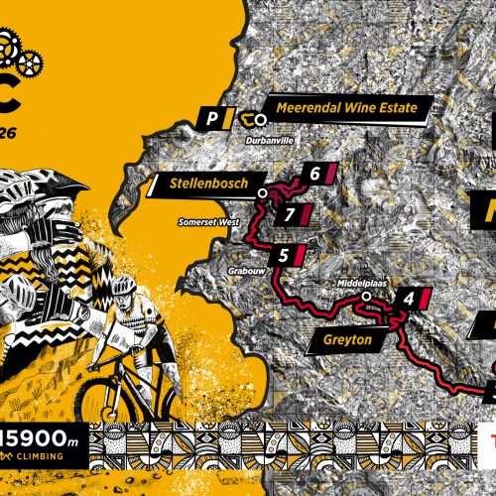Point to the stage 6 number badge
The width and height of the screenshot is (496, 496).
[x=314, y=174]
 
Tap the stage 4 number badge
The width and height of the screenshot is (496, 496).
[x=408, y=298]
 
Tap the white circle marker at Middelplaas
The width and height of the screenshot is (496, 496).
[x=365, y=296]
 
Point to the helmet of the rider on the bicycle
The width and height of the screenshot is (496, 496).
[x=121, y=285]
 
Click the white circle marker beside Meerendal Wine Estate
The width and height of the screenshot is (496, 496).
[x=261, y=120]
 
